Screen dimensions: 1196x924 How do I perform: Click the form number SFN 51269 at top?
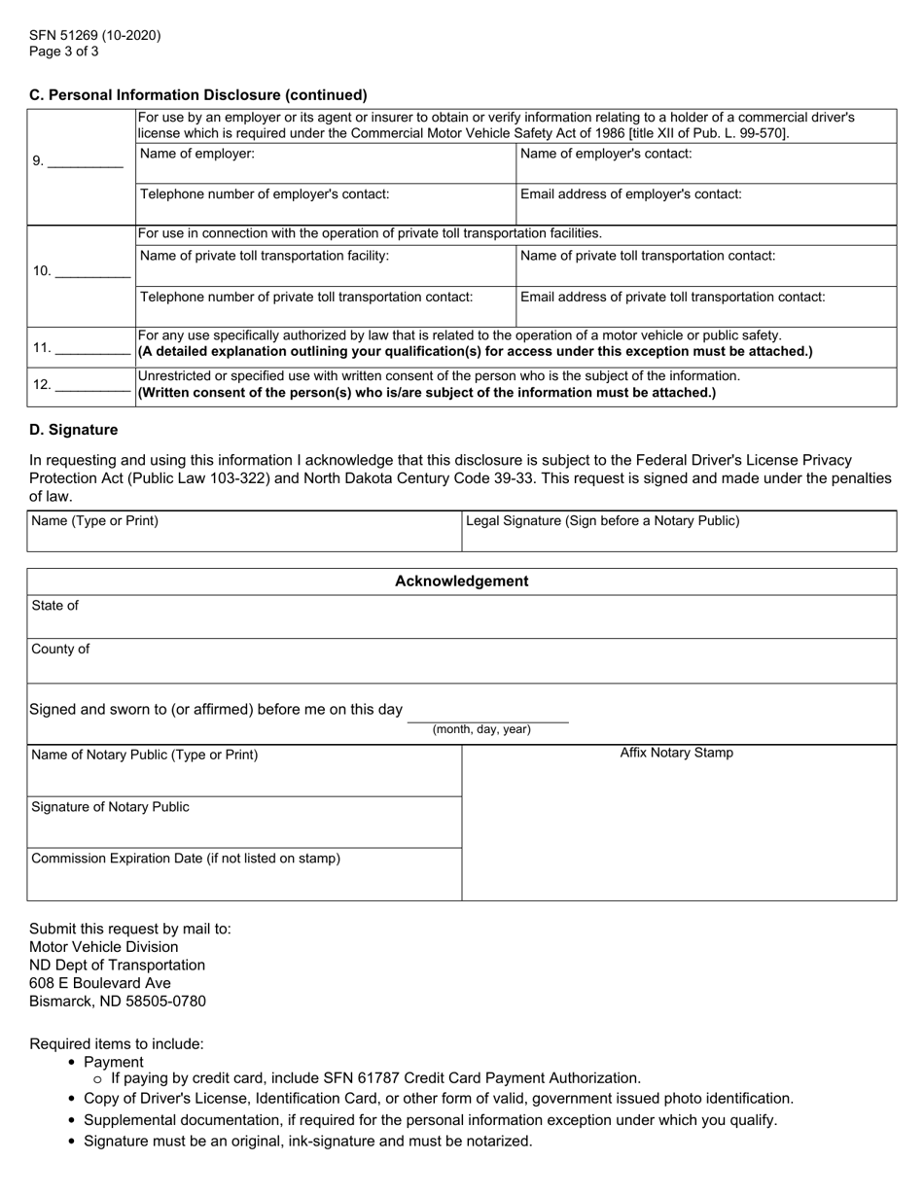[x=94, y=36]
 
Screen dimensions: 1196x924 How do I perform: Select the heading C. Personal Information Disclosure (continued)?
[x=198, y=95]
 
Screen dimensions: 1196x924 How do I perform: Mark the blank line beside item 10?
[x=92, y=271]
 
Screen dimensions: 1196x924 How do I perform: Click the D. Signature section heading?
[x=74, y=430]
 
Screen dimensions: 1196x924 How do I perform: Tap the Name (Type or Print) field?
[x=243, y=532]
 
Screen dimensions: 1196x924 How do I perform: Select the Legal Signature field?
[x=678, y=532]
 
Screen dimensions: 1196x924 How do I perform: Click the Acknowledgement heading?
[x=461, y=581]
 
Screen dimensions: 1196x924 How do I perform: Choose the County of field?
[x=461, y=661]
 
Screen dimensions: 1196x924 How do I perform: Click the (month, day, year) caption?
[x=481, y=729]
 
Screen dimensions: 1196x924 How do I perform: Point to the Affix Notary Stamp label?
[x=677, y=753]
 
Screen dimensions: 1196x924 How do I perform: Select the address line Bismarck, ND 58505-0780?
[x=118, y=1002]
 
